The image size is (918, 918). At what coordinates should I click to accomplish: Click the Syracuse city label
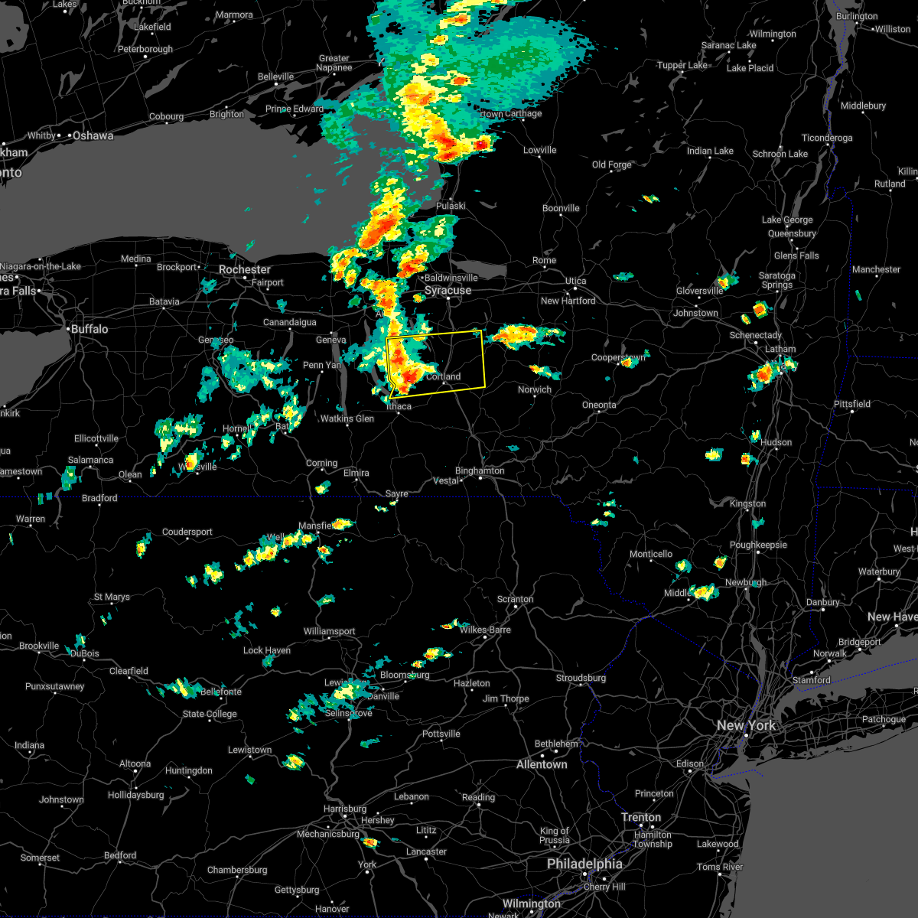pos(448,291)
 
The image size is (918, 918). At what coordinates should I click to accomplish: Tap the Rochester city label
pos(244,270)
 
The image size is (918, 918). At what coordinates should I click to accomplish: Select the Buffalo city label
pos(90,329)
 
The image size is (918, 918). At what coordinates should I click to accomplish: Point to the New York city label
pos(746,725)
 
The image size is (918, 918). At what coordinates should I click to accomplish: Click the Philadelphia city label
pos(584,864)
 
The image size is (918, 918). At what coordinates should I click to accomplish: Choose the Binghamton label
pos(480,471)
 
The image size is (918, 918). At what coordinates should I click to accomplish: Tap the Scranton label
pos(515,599)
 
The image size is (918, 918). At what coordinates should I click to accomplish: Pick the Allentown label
pos(542,764)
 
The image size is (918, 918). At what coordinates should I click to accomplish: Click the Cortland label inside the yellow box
pos(443,376)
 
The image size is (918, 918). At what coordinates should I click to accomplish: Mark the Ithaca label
pos(399,406)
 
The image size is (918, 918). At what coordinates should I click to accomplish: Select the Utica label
pos(575,282)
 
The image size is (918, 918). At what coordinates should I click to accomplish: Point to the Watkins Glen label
pos(347,418)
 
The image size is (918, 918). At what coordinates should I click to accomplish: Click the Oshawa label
pos(93,136)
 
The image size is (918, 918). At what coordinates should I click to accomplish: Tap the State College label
pos(210,714)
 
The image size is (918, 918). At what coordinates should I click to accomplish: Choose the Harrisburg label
pos(345,809)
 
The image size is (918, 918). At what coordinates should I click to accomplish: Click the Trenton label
pos(641,817)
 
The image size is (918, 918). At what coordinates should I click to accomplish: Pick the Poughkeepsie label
pos(758,545)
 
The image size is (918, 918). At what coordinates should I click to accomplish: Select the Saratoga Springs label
pos(776,280)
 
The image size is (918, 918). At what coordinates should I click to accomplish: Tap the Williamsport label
pos(329,631)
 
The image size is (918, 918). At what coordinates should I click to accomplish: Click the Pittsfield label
pos(852,404)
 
